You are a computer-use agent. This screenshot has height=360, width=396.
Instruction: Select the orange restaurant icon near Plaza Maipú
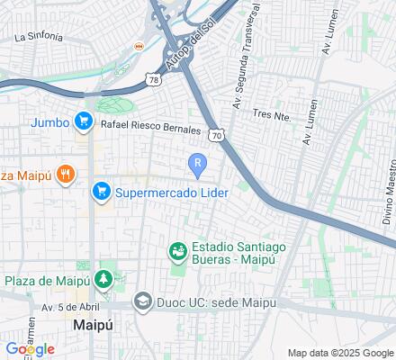click(x=65, y=174)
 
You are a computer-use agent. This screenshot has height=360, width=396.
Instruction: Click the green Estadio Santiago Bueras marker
click(x=178, y=250)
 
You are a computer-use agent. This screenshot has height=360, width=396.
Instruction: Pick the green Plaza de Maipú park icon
click(x=104, y=280)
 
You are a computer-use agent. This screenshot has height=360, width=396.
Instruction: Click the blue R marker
click(x=197, y=162)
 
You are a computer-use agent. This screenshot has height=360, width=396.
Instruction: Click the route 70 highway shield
click(x=215, y=134)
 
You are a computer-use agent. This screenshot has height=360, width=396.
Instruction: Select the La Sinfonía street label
click(x=39, y=38)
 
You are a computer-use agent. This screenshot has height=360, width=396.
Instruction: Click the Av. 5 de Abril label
click(x=66, y=307)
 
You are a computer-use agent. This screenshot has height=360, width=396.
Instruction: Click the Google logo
click(x=29, y=349)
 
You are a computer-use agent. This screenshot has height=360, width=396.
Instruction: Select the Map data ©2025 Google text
click(x=341, y=353)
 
